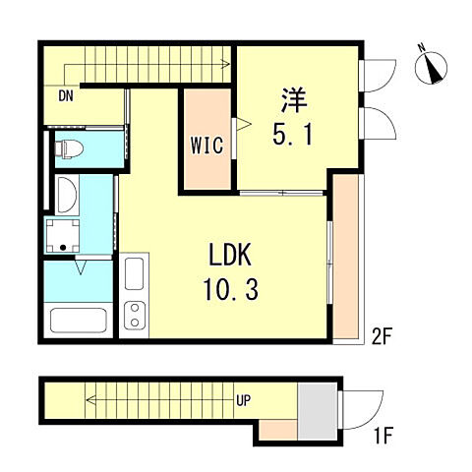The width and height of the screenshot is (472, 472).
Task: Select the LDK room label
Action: tap(232, 258)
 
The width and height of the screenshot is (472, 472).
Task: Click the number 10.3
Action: tap(232, 292)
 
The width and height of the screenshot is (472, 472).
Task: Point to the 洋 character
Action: tap(293, 100)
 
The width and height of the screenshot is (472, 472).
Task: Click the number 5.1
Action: tap(293, 134)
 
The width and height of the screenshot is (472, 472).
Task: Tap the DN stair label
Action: tap(66, 95)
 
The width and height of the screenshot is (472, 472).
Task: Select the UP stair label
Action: tap(242, 400)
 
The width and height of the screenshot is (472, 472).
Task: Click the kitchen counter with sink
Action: tap(135, 295)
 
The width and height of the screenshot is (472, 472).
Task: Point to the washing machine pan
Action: tap(66, 234)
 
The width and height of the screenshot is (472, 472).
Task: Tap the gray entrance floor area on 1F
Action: tap(315, 412)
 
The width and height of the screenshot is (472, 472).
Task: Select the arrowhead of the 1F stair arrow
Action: tap(88, 400)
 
